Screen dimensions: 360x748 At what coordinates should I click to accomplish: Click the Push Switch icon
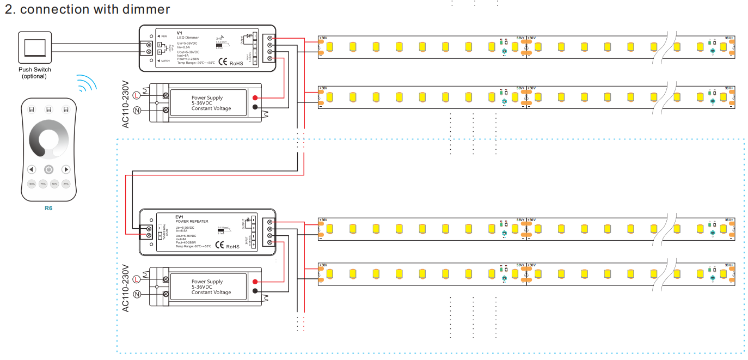[35, 47]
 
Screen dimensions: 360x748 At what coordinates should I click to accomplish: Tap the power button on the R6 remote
[49, 169]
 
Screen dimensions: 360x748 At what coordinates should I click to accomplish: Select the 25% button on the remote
[66, 185]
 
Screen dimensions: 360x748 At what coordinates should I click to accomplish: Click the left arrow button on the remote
[32, 169]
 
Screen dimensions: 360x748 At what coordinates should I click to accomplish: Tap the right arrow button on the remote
[66, 169]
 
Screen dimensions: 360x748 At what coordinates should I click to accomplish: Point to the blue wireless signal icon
[87, 83]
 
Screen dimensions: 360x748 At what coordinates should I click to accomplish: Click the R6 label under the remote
[48, 208]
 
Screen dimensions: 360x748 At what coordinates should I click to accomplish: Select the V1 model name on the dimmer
[180, 33]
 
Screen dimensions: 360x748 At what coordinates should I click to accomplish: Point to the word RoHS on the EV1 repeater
[233, 247]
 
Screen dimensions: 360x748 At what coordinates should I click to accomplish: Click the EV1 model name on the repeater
[180, 217]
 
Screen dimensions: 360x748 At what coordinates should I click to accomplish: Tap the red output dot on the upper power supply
[255, 98]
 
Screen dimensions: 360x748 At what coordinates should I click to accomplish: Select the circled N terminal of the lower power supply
[137, 294]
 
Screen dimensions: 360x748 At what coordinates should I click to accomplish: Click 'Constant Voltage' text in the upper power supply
[211, 108]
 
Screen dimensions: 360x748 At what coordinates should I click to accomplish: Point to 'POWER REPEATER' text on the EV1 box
[192, 222]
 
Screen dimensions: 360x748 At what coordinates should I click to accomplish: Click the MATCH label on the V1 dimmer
[165, 61]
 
